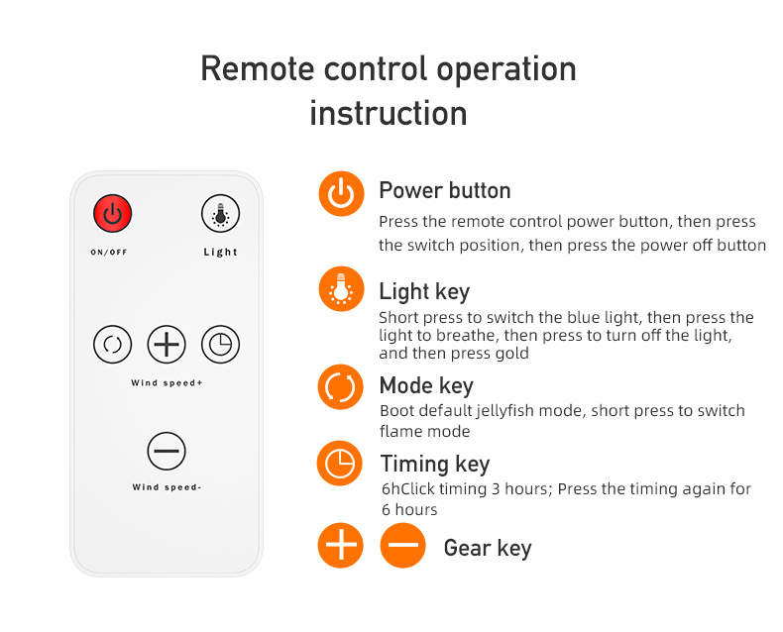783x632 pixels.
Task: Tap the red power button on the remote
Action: pos(112,213)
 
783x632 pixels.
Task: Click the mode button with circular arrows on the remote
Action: pos(112,344)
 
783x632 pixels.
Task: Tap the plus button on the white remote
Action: pos(167,344)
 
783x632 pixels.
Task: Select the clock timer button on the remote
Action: pos(220,344)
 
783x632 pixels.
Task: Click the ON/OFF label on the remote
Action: pos(109,252)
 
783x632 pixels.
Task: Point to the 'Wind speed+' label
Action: pos(167,383)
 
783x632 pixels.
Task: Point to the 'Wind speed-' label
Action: pos(167,487)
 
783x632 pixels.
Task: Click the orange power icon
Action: pos(341,194)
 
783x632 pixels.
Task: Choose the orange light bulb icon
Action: pos(341,288)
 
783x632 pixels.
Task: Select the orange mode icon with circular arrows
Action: pos(340,387)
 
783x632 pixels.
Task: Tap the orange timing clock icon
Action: pos(340,464)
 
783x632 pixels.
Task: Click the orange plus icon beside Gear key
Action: pos(341,546)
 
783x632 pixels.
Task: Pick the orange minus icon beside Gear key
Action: pos(403,546)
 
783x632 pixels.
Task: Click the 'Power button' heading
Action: pos(445,191)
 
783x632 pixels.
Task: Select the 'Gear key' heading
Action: pos(488,548)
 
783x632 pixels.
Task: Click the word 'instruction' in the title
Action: pos(389,113)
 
